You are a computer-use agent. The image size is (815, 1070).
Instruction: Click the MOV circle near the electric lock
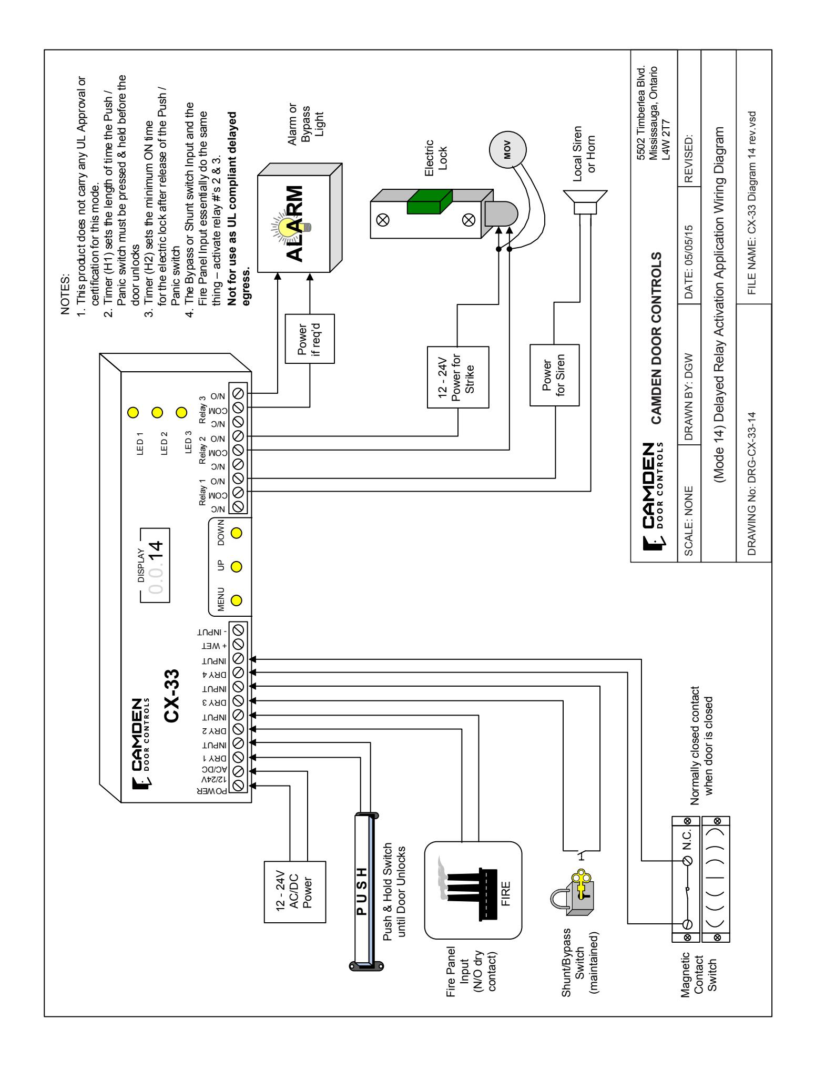pos(508,146)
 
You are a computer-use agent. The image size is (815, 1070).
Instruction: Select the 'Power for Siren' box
pos(554,375)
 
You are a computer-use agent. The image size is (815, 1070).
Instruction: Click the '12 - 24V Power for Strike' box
pos(457,377)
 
